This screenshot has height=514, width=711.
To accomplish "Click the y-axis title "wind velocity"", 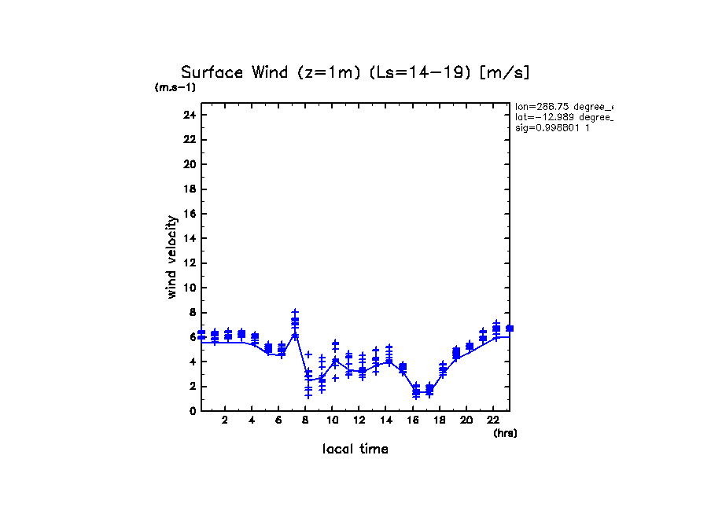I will [171, 257].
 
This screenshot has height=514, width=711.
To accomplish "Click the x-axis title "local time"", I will [355, 449].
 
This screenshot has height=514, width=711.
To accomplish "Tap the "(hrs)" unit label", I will [505, 433].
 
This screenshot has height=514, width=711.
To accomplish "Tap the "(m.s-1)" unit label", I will [175, 87].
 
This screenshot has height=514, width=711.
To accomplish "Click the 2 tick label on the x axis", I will [225, 420].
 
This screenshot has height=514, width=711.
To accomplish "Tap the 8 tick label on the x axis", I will [305, 420].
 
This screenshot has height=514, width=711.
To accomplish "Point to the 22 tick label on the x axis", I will [493, 420].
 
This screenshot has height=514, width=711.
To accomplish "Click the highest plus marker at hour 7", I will [295, 312].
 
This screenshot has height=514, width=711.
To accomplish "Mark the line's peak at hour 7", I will [295, 335].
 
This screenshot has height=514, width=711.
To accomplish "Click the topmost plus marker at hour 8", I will [308, 354].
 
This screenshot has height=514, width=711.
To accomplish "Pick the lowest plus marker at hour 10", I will [335, 378].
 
